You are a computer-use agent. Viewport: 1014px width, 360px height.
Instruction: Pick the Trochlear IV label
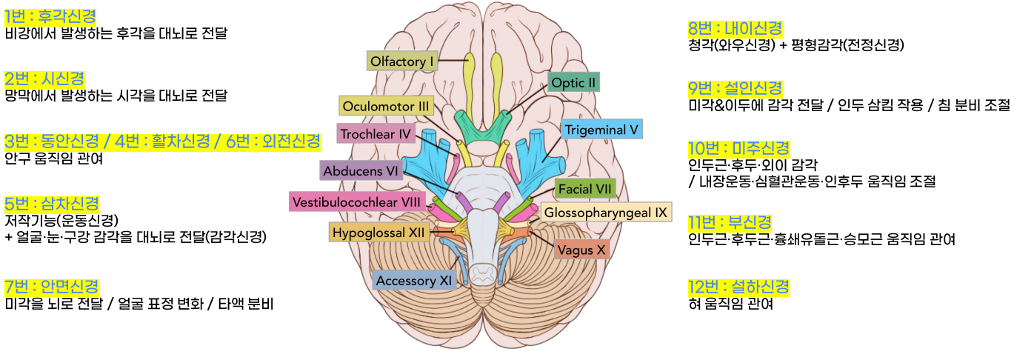point(376,134)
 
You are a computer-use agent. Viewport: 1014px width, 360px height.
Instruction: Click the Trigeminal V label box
point(601,130)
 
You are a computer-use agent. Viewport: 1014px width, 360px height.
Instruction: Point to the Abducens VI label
point(360,171)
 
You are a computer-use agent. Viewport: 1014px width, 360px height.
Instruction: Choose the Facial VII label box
point(585,189)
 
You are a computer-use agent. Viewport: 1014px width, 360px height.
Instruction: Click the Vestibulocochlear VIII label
point(357,201)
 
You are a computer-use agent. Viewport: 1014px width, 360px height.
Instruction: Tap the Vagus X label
point(581,250)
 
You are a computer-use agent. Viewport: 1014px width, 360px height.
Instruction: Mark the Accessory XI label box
point(414,281)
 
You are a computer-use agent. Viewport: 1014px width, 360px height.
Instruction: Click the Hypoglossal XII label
point(378,233)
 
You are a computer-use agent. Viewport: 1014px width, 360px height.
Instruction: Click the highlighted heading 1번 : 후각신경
point(50,16)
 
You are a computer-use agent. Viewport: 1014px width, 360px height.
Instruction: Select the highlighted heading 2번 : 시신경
point(44,79)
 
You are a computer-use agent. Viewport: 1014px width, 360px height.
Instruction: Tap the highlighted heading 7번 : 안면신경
point(51,287)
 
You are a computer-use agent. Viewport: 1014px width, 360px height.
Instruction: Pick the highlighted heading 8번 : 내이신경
point(736,28)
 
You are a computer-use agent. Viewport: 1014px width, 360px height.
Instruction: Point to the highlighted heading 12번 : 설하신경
point(738,287)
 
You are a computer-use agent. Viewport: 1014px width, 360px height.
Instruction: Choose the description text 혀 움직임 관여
point(730,304)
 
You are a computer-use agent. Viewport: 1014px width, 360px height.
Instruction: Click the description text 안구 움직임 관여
point(53,159)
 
